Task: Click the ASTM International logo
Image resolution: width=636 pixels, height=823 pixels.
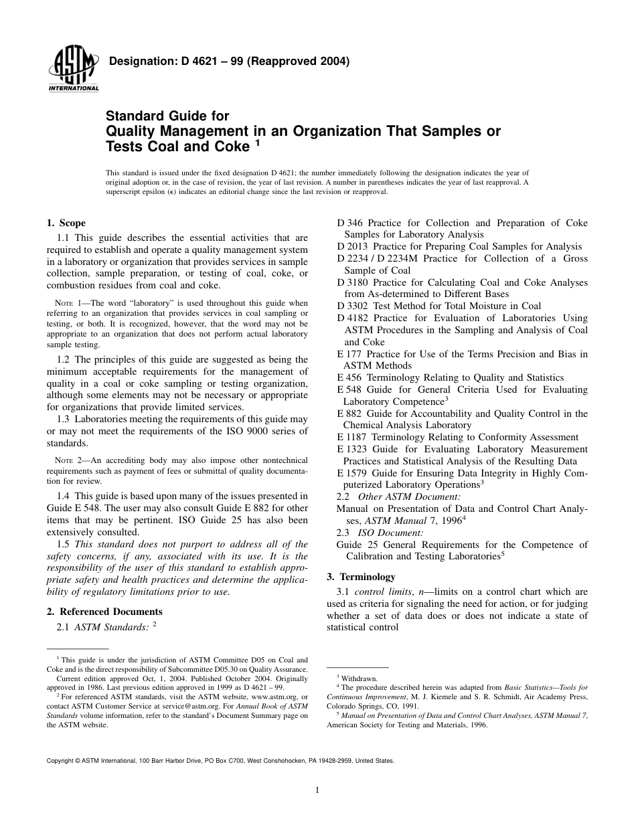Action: coord(72,71)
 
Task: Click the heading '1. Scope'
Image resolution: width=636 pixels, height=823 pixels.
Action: coord(66,223)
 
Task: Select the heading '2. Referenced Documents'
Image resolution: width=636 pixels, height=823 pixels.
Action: coord(104,612)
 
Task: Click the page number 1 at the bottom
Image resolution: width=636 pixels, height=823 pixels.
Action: coord(317,790)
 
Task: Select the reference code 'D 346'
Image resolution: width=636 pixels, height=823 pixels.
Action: coord(350,223)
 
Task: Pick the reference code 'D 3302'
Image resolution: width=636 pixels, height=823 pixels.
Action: coord(353,306)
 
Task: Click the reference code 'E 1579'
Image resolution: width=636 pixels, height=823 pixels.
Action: coord(353,473)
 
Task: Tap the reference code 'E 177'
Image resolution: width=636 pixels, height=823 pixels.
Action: coord(349,354)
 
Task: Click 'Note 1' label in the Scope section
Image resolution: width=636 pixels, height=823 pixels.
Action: coord(65,304)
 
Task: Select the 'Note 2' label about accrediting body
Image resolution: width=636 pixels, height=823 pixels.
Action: coord(65,460)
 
